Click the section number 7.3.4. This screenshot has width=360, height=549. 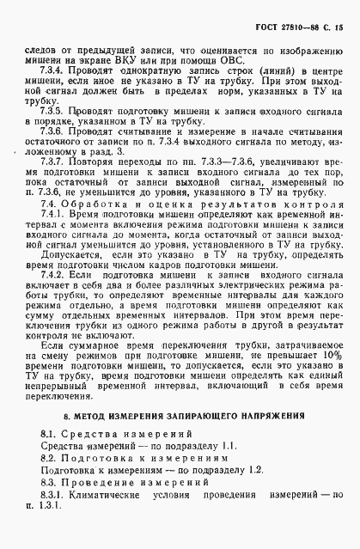pos(50,69)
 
